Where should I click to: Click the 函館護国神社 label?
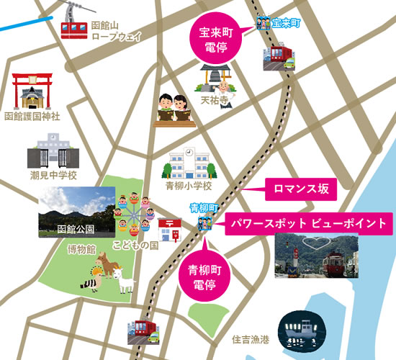point(32,116)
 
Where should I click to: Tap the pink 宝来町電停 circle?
point(215,38)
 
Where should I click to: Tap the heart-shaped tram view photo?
point(317,255)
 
